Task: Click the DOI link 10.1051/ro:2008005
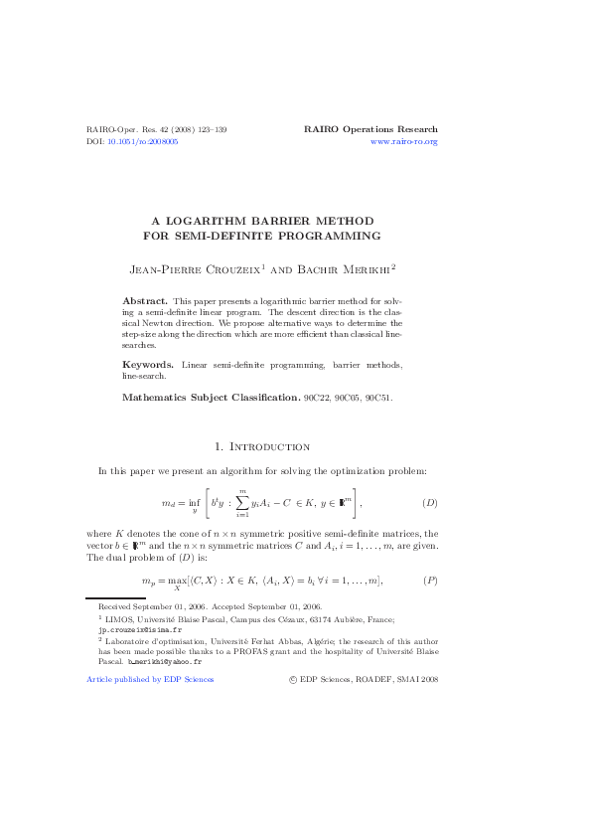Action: (143, 142)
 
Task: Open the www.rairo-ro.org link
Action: (403, 142)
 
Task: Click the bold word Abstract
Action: (144, 299)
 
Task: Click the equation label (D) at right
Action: (430, 502)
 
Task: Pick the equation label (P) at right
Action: (430, 580)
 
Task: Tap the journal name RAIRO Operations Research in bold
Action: (369, 129)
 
